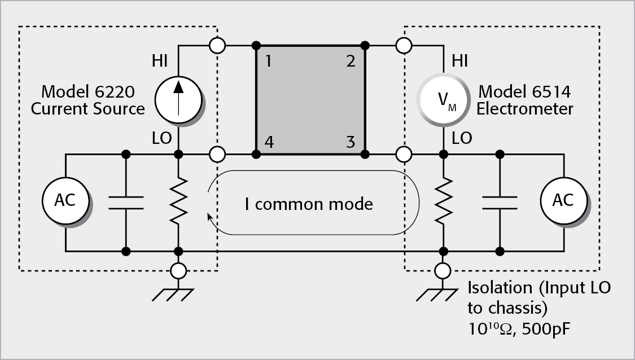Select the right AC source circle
564,200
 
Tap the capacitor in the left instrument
125,202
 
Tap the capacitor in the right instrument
500,202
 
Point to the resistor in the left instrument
178,200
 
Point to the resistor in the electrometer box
443,200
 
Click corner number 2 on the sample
351,60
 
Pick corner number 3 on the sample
351,142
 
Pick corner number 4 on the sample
269,142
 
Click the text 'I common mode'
309,203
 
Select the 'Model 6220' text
88,91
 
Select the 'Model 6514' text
525,91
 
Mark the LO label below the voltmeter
462,138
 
